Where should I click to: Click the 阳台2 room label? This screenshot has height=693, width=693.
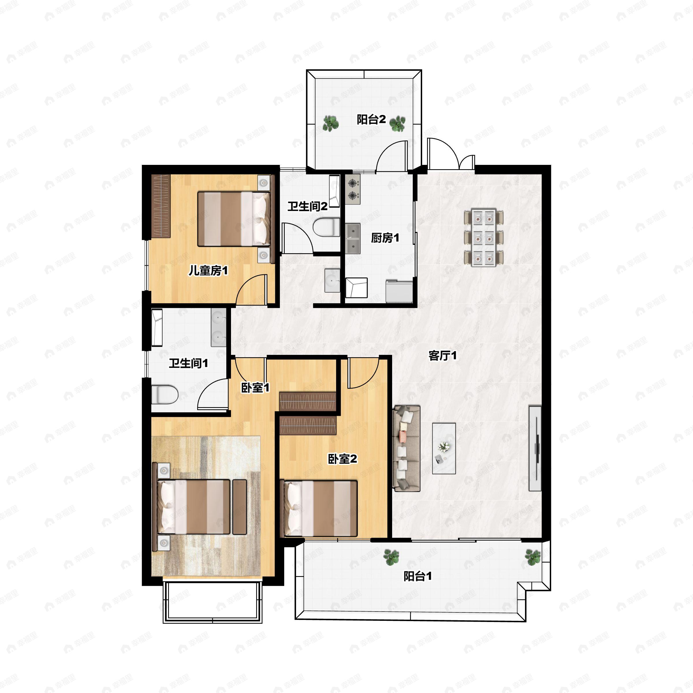tap(371, 120)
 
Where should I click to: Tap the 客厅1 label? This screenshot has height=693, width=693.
tap(443, 356)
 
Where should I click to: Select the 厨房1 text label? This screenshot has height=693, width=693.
tap(385, 238)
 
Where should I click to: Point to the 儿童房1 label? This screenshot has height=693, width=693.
tap(208, 271)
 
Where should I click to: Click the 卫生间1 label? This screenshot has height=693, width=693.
tap(189, 363)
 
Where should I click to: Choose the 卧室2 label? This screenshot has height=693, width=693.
tap(342, 459)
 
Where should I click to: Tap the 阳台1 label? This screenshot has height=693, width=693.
tap(418, 576)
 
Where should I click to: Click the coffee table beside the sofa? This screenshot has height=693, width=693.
tap(444, 448)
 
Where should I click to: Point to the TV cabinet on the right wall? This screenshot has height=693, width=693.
tap(535, 448)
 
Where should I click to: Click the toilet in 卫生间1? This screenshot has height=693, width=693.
tap(165, 394)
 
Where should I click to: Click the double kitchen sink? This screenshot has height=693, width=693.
tap(353, 239)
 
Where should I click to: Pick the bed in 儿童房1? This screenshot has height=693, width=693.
tap(234, 219)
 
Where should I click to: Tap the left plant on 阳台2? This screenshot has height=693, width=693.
tap(330, 123)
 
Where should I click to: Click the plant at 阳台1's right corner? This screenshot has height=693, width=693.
tap(533, 557)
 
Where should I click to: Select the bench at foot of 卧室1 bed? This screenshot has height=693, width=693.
tap(240, 507)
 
